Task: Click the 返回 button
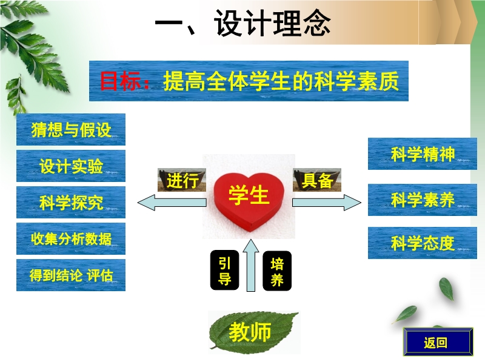(438, 342)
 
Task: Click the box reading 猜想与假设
(71, 129)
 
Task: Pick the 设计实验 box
(71, 166)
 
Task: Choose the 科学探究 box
(71, 202)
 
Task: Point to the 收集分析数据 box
(71, 238)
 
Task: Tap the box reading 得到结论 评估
(71, 275)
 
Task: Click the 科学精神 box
(423, 154)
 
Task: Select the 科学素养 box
(423, 200)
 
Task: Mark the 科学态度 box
(423, 243)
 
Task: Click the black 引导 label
(224, 270)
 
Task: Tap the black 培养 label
(277, 271)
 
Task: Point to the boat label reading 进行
(182, 180)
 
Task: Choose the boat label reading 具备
(317, 180)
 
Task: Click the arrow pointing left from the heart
(172, 203)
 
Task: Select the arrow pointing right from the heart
(327, 203)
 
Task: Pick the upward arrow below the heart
(251, 265)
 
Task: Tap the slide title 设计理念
(272, 24)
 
